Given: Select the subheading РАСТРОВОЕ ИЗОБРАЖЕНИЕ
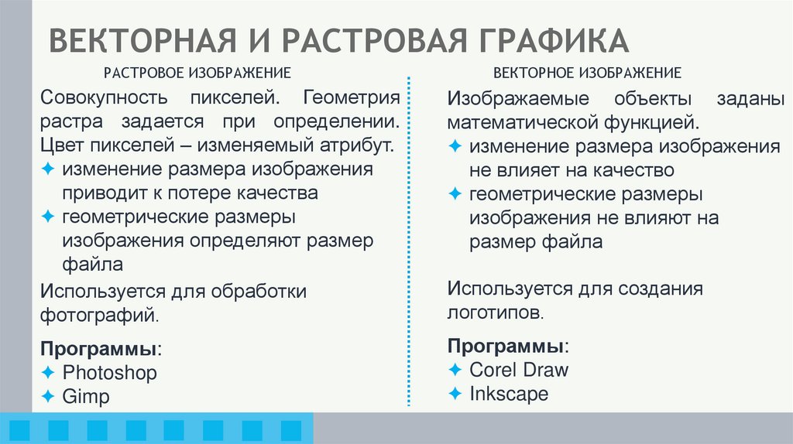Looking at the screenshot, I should (x=197, y=73).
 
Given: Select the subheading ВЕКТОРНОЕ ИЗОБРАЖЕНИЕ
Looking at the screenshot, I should (x=588, y=73).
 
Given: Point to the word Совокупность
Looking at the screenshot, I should (x=105, y=98).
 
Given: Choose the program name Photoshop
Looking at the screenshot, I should (x=110, y=373).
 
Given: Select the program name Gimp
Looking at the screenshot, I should (x=87, y=397).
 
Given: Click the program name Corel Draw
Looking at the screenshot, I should (x=519, y=370).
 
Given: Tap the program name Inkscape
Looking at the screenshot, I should (x=509, y=394).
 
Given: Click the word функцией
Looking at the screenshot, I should (x=658, y=123).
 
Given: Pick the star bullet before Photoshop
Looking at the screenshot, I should (x=49, y=373).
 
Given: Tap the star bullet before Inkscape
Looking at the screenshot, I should (x=455, y=394).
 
